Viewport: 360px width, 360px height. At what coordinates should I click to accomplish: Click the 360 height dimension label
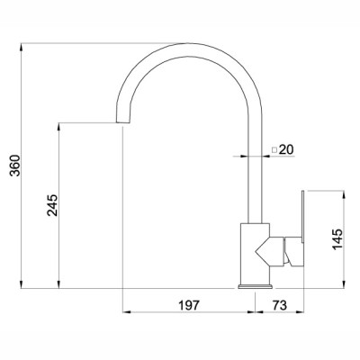15,166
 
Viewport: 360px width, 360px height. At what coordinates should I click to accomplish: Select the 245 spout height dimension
52,205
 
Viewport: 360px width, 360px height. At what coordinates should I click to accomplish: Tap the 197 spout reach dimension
189,305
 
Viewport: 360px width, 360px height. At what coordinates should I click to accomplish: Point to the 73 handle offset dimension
280,305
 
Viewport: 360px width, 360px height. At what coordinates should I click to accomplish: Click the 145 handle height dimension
337,239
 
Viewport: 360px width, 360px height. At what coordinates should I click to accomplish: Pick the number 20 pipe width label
286,149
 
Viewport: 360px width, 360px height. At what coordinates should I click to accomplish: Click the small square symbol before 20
274,149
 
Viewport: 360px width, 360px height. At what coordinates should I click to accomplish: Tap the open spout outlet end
123,123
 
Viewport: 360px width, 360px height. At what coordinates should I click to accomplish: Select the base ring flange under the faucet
256,286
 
